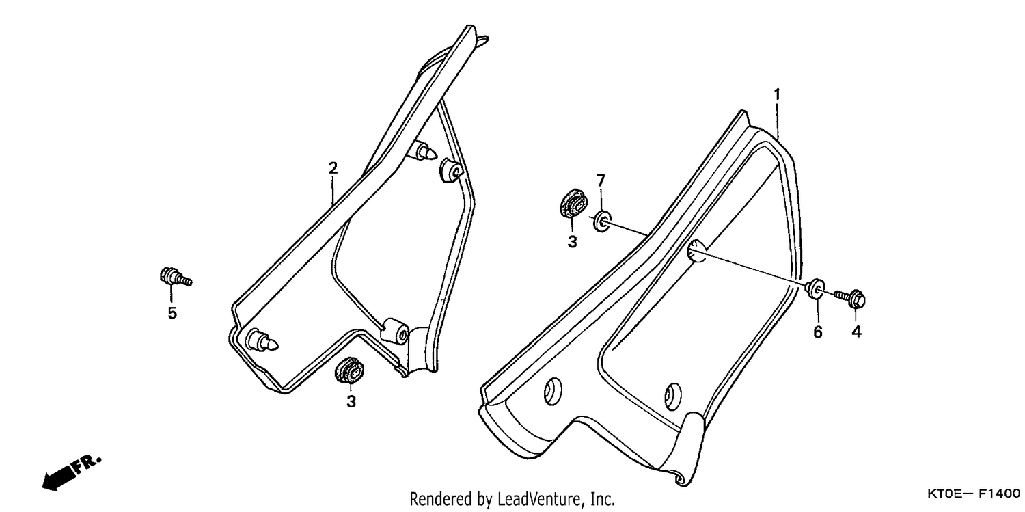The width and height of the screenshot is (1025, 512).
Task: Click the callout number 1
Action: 776,95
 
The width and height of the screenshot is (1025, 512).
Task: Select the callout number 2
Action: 333,168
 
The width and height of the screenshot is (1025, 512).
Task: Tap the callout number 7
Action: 601,180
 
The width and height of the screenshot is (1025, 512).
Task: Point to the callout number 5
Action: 172,313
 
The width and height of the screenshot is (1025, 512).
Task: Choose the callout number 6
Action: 818,332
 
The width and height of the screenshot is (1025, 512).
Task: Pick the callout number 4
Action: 857,332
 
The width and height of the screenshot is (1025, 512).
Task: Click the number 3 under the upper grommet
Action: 573,241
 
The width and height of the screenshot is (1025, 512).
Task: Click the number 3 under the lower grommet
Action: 351,401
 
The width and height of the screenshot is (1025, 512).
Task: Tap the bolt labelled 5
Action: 176,276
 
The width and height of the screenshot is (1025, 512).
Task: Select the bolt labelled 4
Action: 850,298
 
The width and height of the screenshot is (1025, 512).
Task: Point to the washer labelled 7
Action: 602,221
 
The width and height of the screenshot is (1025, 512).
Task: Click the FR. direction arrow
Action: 71,474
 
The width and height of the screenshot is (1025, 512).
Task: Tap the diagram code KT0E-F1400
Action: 973,494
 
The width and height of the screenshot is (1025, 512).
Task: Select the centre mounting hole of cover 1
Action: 696,251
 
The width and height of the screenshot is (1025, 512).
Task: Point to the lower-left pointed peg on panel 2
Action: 262,341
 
